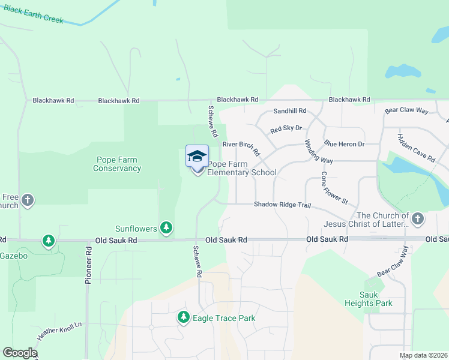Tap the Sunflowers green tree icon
point(166,228)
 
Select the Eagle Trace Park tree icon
point(184,317)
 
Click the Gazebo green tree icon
point(49,241)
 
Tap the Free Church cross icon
point(28,200)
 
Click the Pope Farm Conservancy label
point(117,164)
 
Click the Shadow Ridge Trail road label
point(282,205)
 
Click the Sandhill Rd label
point(289,111)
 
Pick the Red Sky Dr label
point(286,129)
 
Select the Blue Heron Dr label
point(345,144)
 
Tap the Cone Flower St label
point(334,188)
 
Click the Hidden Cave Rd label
point(416,147)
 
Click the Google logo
point(20,353)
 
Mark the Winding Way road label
point(318,152)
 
